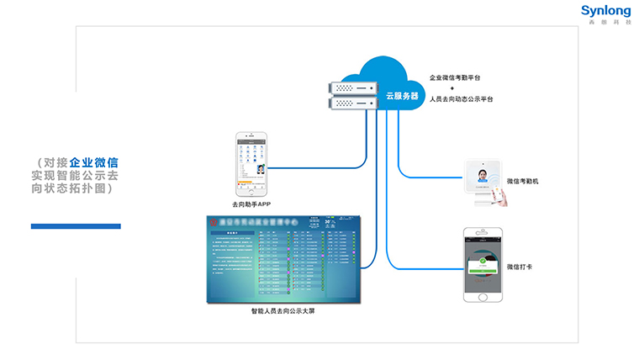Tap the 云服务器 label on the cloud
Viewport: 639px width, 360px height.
pyautogui.click(x=402, y=96)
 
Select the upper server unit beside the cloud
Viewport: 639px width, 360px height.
pyautogui.click(x=352, y=87)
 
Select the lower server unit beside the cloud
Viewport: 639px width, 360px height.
pyautogui.click(x=352, y=103)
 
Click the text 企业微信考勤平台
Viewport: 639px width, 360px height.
pyautogui.click(x=455, y=77)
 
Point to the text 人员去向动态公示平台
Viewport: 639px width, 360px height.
pyautogui.click(x=461, y=99)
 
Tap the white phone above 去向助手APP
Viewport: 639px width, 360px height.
pyautogui.click(x=251, y=163)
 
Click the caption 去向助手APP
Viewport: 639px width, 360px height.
pyautogui.click(x=251, y=204)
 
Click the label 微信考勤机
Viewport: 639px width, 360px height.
pyautogui.click(x=528, y=182)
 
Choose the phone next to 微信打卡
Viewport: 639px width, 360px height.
pyautogui.click(x=483, y=264)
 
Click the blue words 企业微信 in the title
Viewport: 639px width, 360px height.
pyautogui.click(x=93, y=161)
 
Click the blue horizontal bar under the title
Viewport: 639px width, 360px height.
pyautogui.click(x=76, y=226)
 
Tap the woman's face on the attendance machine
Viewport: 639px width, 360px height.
pyautogui.click(x=483, y=177)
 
